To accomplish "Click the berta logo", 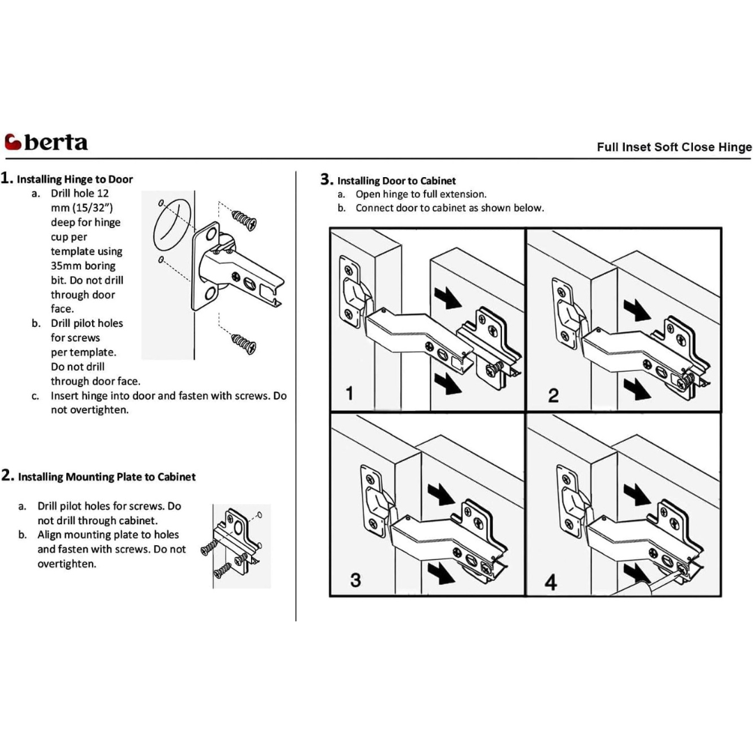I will [46, 142].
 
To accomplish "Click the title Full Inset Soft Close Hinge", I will [674, 147].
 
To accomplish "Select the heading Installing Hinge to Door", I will [75, 179].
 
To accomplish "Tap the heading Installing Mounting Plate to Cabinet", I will [106, 477].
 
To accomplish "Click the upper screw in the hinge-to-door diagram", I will [245, 220].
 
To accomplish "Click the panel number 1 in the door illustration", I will [350, 393].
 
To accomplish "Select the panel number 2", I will [553, 395].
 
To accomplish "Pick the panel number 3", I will [356, 580].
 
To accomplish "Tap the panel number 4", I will [551, 581].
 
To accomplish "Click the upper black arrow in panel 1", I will [446, 298].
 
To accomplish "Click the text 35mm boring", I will [83, 266].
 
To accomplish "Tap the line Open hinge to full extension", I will [420, 194].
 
